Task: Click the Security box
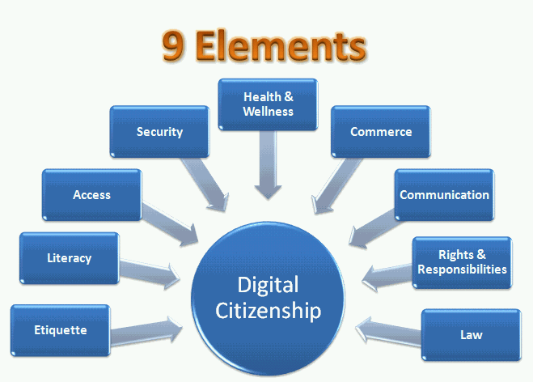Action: click(x=159, y=132)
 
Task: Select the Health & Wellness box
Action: click(x=269, y=104)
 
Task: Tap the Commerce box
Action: click(x=380, y=132)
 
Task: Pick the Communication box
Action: click(x=444, y=195)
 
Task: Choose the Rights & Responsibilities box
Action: click(x=462, y=262)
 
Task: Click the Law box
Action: click(x=471, y=333)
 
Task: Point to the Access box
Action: click(x=91, y=195)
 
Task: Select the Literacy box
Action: click(x=69, y=259)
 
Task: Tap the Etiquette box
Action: click(x=61, y=330)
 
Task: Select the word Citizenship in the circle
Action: click(x=268, y=311)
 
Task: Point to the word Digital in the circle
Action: click(x=268, y=285)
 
